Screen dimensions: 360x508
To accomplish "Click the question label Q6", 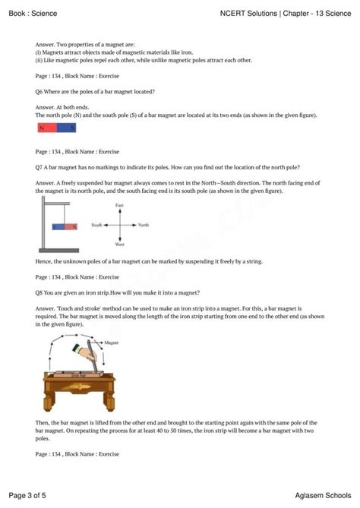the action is [41, 90].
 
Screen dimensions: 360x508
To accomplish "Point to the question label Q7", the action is [41, 166].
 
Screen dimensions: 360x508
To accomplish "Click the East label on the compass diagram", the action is [119, 206].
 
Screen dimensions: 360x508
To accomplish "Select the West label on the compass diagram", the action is [119, 244].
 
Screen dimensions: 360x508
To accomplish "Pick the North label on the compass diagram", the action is [144, 225].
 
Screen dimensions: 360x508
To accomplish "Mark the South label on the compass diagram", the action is [96, 225].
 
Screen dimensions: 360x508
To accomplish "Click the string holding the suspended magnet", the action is [65, 217].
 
